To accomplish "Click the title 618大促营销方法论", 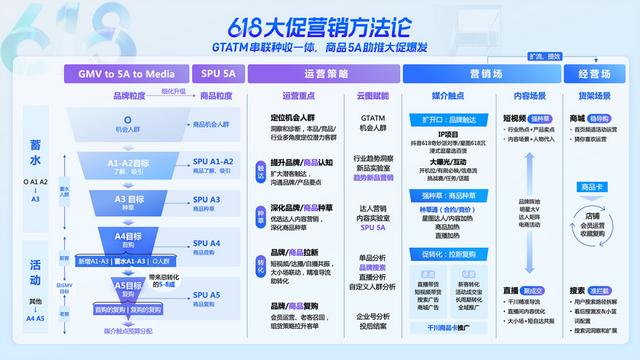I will pyautogui.click(x=320, y=24).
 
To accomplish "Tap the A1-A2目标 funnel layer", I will pyautogui.click(x=128, y=164).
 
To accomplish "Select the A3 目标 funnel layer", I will pyautogui.click(x=128, y=201).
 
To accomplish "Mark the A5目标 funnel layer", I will pyautogui.click(x=128, y=285).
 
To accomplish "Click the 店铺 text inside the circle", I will pyautogui.click(x=593, y=214).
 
